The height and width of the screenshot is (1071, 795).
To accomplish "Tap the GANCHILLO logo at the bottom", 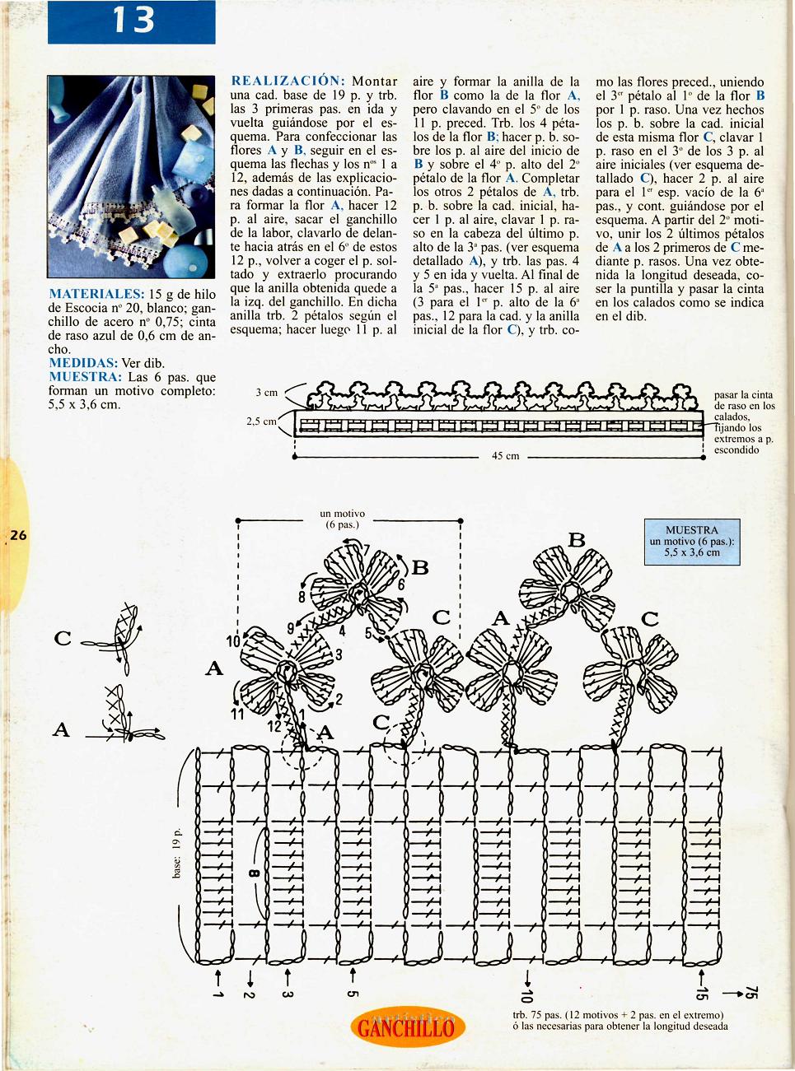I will (x=407, y=1027).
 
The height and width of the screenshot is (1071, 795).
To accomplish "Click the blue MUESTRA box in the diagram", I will (x=692, y=541).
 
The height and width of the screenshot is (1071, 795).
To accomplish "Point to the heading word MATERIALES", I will (x=96, y=294).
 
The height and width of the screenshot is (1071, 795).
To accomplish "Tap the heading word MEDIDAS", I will (x=82, y=363).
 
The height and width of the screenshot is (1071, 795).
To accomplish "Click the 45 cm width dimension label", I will (x=505, y=455).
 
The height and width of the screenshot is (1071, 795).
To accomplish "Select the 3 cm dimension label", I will (x=267, y=393).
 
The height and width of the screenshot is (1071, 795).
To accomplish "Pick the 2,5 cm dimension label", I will (x=260, y=421).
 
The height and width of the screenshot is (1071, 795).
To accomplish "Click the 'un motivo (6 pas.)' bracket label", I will (x=343, y=519).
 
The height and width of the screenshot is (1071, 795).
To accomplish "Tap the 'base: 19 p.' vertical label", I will (x=176, y=853).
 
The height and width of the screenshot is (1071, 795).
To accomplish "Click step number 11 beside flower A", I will (x=237, y=714).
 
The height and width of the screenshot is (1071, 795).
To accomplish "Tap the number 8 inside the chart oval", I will (x=253, y=873).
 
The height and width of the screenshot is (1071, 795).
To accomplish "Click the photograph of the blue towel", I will (x=131, y=176).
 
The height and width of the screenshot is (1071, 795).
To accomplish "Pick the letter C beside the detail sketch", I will (x=63, y=638).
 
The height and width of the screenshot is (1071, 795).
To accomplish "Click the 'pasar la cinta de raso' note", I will (x=743, y=421).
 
